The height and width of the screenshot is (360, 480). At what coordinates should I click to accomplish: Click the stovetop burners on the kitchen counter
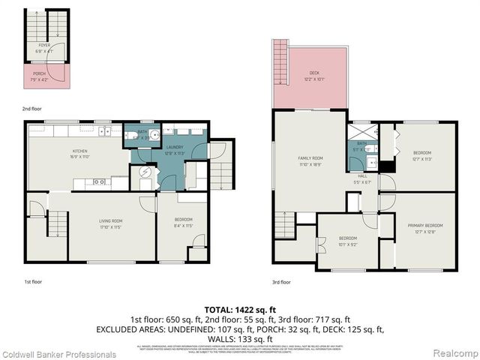point(97,181)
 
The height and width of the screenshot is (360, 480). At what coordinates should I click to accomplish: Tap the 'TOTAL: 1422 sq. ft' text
point(239,309)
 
